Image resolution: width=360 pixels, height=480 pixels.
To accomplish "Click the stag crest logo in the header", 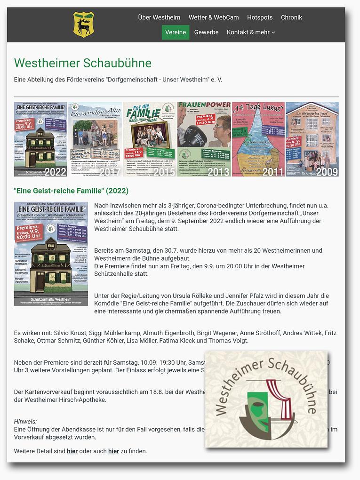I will tap(83, 24).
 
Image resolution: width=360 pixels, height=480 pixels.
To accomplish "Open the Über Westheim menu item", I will tap(159, 17).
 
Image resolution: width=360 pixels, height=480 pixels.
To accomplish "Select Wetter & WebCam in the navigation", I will tap(214, 17).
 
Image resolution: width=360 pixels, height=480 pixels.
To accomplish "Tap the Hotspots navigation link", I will tap(260, 17).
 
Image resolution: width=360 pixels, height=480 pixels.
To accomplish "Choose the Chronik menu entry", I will tap(291, 17).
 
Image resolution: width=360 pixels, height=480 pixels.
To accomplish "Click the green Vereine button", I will tap(176, 32).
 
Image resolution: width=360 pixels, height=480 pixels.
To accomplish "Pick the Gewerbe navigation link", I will tap(206, 32).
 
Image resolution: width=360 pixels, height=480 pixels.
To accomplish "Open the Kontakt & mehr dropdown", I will tap(251, 32).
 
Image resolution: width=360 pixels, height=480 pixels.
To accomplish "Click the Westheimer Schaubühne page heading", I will tap(83, 63).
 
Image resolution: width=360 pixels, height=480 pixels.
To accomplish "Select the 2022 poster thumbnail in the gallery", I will tap(40, 139).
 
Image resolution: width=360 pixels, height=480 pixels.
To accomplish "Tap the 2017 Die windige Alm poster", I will tap(95, 139).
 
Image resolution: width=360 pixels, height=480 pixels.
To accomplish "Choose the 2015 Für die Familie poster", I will tap(150, 139).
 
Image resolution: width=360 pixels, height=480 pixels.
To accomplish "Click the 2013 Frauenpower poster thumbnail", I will tap(204, 139).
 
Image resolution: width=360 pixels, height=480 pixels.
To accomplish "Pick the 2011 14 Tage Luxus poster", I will tap(258, 139).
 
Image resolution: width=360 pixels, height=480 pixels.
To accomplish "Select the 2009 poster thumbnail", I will tap(312, 139).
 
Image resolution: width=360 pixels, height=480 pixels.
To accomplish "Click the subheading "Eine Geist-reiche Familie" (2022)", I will tap(71, 191).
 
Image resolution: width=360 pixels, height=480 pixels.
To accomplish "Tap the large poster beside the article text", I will tap(51, 254).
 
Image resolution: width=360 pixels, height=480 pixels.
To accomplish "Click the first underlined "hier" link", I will tap(72, 451).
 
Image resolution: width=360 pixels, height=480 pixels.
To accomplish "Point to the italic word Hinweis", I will tap(25, 422).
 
